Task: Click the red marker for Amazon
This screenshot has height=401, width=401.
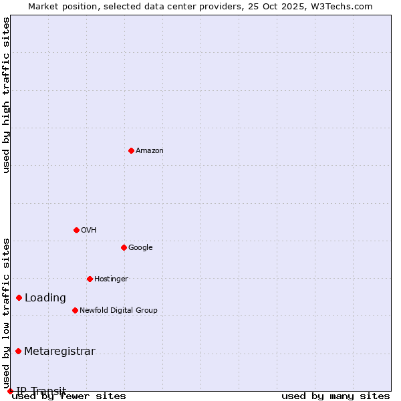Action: (x=131, y=150)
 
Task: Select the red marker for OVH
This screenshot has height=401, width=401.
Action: (x=76, y=230)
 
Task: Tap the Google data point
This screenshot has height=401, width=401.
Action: (x=124, y=247)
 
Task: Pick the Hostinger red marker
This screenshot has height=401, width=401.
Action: (x=90, y=279)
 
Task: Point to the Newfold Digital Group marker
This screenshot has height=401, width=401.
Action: (x=75, y=310)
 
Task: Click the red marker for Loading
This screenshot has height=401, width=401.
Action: (x=19, y=297)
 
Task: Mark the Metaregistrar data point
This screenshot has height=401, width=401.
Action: (x=18, y=351)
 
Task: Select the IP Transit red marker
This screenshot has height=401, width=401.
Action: (x=10, y=391)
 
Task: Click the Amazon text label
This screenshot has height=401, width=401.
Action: (x=150, y=150)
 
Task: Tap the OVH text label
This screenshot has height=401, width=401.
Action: (x=89, y=230)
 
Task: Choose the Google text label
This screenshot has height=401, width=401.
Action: (x=140, y=247)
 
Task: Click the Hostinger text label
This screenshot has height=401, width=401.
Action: (x=111, y=279)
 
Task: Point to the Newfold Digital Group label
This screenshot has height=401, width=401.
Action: (x=118, y=310)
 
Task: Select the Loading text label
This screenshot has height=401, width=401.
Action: (x=45, y=297)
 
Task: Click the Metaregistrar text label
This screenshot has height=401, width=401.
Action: (x=59, y=351)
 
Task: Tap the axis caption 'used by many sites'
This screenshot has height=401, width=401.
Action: (x=336, y=396)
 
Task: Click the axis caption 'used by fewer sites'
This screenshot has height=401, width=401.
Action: (x=69, y=396)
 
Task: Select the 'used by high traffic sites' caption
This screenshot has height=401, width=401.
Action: (x=7, y=95)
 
